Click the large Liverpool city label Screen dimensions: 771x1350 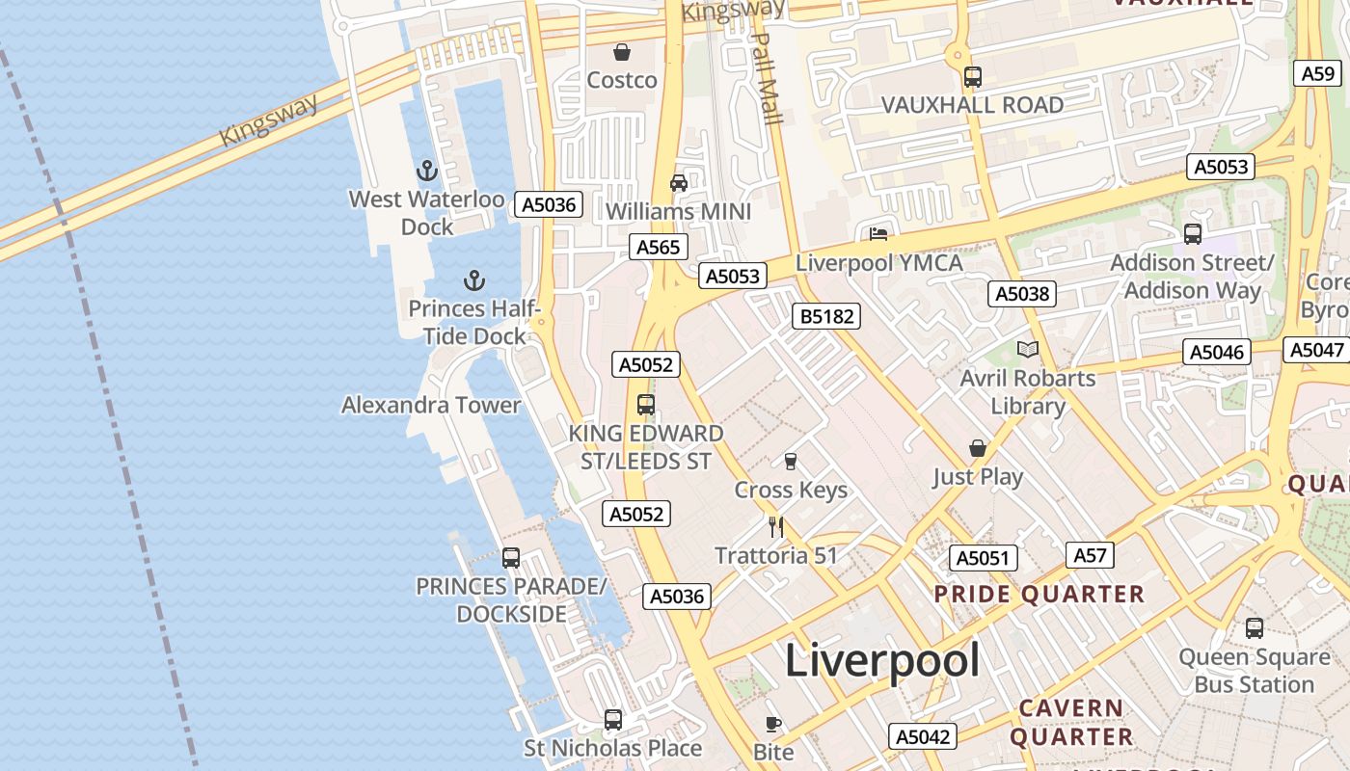tap(881, 660)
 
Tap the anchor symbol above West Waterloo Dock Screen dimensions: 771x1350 tap(427, 172)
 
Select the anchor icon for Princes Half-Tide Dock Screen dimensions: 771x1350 tap(473, 280)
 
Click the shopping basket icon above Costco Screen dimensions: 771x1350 tap(622, 52)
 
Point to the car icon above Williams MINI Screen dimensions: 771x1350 tap(679, 183)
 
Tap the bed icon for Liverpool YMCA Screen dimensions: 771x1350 tap(877, 234)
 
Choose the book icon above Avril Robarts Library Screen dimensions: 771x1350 tap(1028, 349)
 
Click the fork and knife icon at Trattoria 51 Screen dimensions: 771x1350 tap(776, 526)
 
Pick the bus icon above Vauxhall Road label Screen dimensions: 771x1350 tap(973, 77)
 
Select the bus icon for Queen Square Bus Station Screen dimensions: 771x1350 tap(1254, 628)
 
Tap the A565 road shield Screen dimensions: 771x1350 tap(659, 247)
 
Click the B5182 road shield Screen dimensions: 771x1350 tap(824, 315)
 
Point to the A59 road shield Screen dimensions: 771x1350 tap(1317, 73)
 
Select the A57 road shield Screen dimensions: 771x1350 tap(1091, 555)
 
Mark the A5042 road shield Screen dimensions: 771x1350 tap(923, 736)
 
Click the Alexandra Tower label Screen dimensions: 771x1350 tap(431, 405)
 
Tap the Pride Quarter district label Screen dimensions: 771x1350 tap(1039, 594)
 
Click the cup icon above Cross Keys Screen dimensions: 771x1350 tap(791, 461)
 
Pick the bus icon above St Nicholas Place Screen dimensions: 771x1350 tap(613, 719)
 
